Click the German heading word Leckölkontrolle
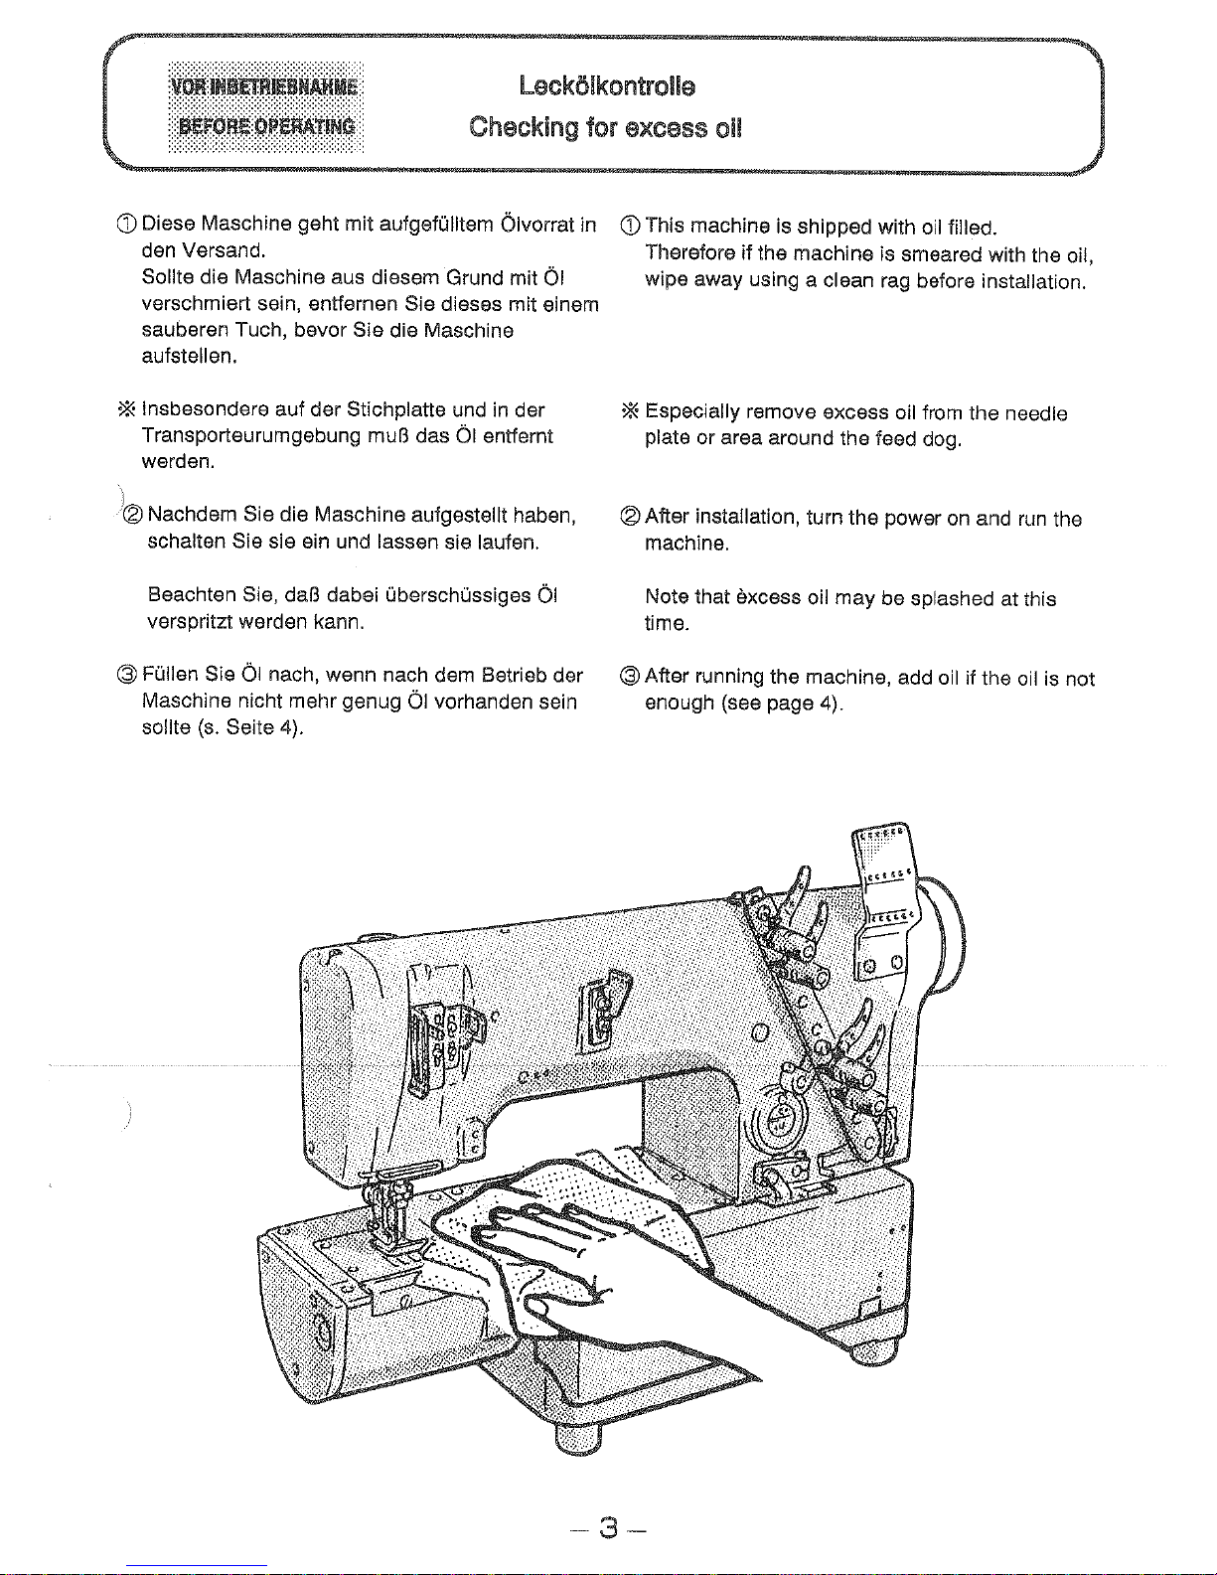pyautogui.click(x=607, y=85)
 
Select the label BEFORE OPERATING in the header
pyautogui.click(x=265, y=125)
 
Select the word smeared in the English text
pyautogui.click(x=942, y=255)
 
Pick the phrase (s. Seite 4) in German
pyautogui.click(x=250, y=727)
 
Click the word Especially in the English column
pyautogui.click(x=692, y=412)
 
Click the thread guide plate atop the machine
pyautogui.click(x=883, y=874)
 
